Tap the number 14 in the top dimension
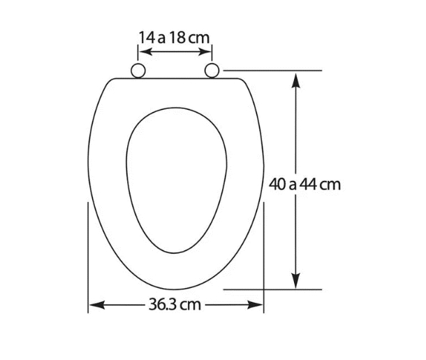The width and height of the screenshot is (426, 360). pyautogui.click(x=147, y=37)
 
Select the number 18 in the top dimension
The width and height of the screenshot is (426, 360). pyautogui.click(x=177, y=37)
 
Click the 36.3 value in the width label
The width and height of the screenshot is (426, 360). pyautogui.click(x=163, y=305)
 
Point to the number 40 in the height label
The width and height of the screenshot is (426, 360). pyautogui.click(x=278, y=185)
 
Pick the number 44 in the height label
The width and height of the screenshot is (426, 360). pyautogui.click(x=308, y=185)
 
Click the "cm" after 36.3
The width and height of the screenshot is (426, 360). pyautogui.click(x=191, y=305)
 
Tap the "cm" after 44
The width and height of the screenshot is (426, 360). pyautogui.click(x=330, y=185)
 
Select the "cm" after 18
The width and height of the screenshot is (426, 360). pyautogui.click(x=199, y=38)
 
